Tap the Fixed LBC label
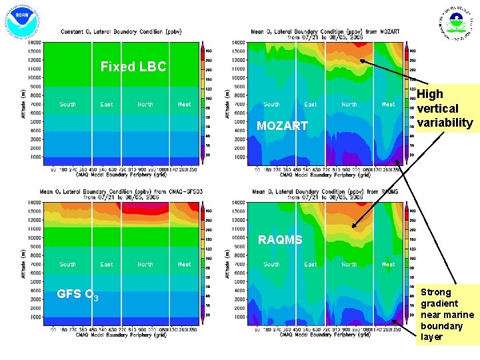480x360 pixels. pos(133,67)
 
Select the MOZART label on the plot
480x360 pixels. pos(282,126)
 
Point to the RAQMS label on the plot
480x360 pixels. pos(280,240)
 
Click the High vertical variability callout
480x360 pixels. pos(445,109)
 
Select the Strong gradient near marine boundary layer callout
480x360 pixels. pos(447,314)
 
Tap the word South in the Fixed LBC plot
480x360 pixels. pos(67,105)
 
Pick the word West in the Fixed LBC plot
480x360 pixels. pos(185,105)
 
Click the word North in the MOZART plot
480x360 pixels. pos(349,105)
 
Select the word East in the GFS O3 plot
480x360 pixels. pos(107,265)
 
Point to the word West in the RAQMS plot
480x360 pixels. pos(388,265)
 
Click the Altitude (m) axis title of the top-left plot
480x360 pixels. pos(25,100)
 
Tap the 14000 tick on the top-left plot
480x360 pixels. pos(34,42)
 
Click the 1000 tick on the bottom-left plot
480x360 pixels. pos(34,317)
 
